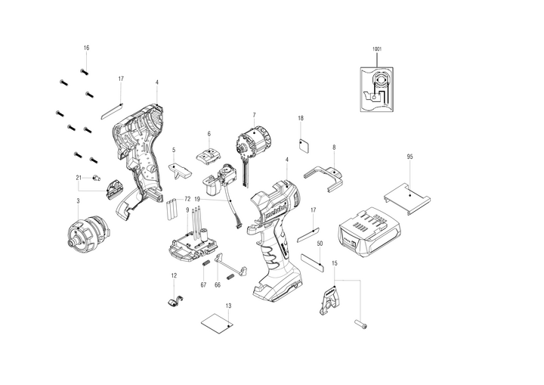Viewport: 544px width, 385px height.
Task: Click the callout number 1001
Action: pyautogui.click(x=377, y=49)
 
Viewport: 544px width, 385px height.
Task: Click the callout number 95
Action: pyautogui.click(x=410, y=157)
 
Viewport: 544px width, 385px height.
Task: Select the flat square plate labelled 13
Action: pyautogui.click(x=215, y=324)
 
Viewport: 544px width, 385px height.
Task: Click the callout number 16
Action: pyautogui.click(x=86, y=48)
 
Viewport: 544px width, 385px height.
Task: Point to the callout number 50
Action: pyautogui.click(x=320, y=244)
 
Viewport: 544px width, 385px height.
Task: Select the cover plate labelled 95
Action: pyautogui.click(x=409, y=194)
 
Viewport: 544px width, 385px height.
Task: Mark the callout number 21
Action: pyautogui.click(x=78, y=178)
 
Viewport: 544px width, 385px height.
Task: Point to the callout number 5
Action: pyautogui.click(x=174, y=150)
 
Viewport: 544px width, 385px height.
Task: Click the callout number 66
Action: pyautogui.click(x=217, y=284)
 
